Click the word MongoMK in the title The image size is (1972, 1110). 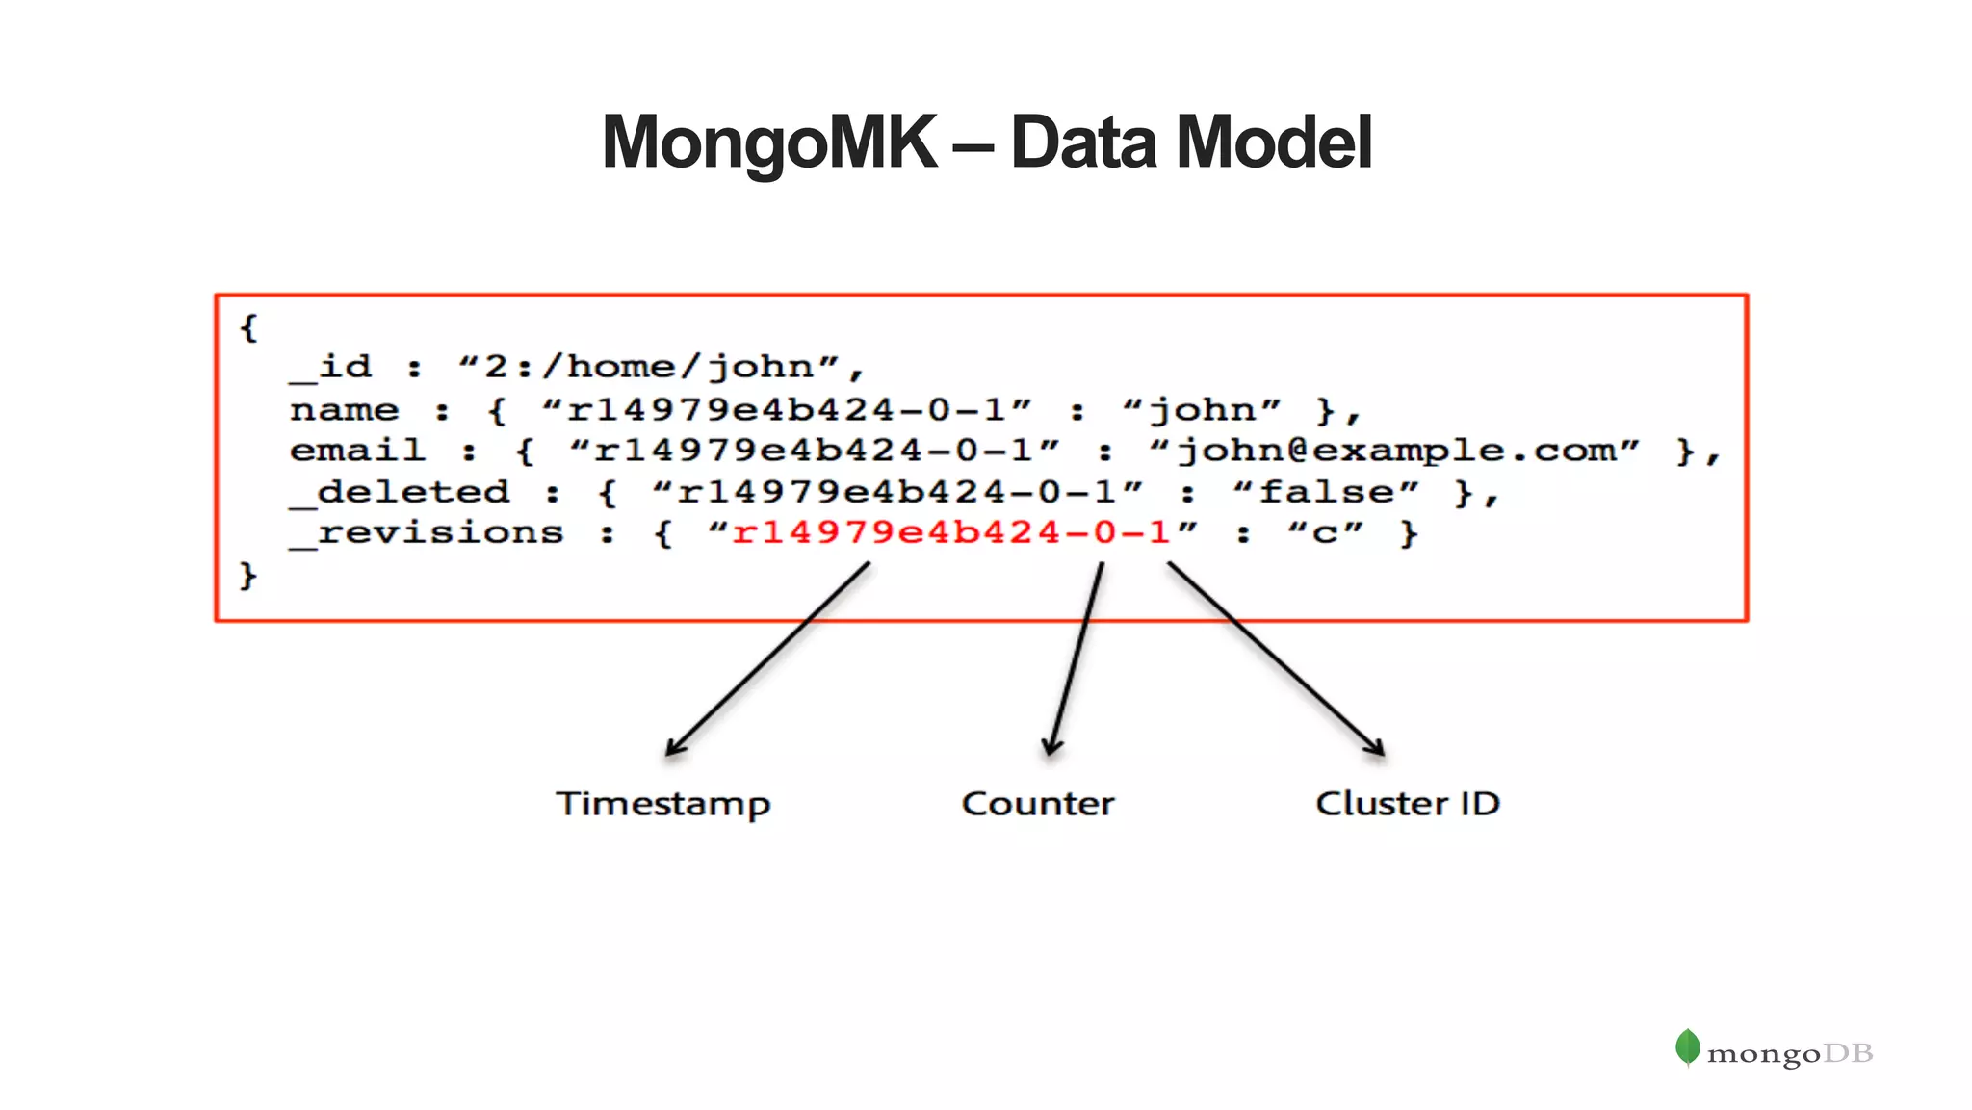point(768,142)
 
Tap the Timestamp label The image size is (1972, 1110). point(663,804)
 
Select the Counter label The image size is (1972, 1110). point(1038,803)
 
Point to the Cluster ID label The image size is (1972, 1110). point(1408,803)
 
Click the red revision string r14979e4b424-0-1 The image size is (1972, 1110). point(950,532)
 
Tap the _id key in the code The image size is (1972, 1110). point(331,367)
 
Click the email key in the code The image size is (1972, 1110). point(357,451)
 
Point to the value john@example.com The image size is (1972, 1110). point(1394,451)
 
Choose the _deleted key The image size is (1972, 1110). point(401,492)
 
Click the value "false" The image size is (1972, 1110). point(1326,492)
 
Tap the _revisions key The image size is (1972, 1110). point(428,532)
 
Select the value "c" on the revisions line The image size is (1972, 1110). point(1326,532)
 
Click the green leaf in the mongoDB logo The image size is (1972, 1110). point(1687,1047)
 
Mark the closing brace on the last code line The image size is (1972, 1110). point(248,576)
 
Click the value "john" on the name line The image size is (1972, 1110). point(1202,410)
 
